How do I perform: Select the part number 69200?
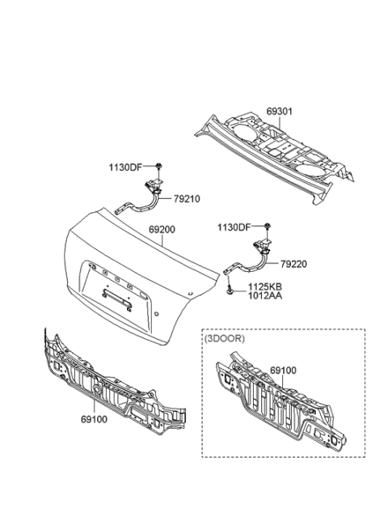162,230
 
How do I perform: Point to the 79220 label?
295,264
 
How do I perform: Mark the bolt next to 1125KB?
231,290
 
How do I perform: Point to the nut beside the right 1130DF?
266,227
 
